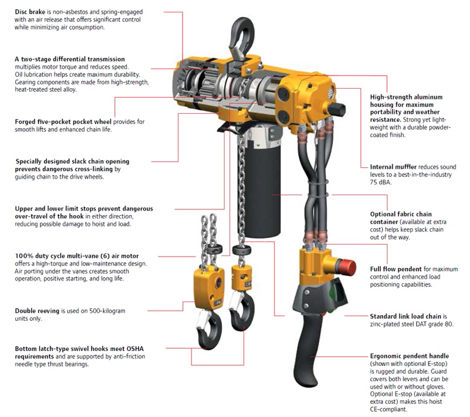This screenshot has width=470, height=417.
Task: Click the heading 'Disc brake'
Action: (x=30, y=12)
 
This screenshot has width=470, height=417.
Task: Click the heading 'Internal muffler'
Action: (x=393, y=167)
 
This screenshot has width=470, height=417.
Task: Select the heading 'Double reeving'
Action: (x=37, y=311)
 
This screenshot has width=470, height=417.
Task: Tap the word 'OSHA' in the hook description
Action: (x=135, y=349)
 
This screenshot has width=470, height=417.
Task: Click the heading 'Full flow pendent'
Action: (x=396, y=269)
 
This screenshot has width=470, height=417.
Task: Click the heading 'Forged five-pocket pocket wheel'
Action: (x=63, y=122)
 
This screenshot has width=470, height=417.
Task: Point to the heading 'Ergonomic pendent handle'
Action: (x=409, y=356)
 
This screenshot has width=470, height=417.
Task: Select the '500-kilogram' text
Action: (x=107, y=311)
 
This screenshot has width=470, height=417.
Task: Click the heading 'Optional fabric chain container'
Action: (x=401, y=218)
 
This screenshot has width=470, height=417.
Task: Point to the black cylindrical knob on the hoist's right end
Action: (x=336, y=109)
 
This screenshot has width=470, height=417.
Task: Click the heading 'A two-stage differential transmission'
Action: (x=70, y=59)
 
